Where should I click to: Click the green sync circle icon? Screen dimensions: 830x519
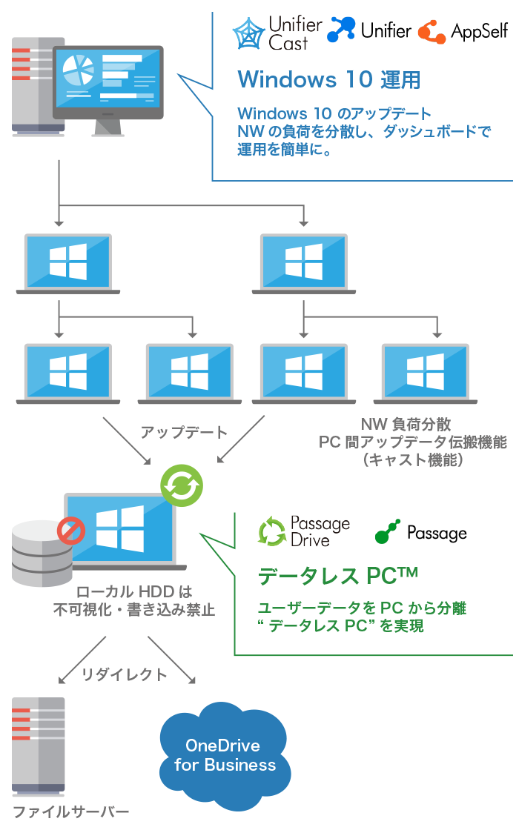click(182, 486)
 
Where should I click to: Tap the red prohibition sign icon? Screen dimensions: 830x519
click(71, 531)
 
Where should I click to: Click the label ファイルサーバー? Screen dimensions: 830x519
click(70, 811)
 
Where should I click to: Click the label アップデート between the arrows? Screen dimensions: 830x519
click(184, 432)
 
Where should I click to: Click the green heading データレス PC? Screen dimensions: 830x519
click(337, 576)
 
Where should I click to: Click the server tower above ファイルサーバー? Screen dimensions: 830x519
click(38, 746)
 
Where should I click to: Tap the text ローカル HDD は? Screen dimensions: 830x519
click(134, 592)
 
